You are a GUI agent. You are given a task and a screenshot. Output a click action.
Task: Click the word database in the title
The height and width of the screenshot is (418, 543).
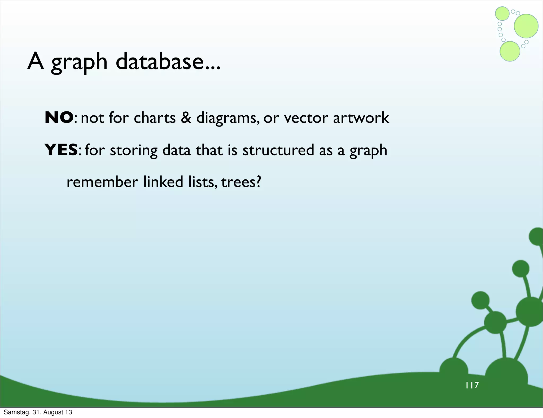click(x=168, y=62)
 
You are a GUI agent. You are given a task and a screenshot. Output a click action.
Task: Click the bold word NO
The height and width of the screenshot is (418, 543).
click(x=59, y=117)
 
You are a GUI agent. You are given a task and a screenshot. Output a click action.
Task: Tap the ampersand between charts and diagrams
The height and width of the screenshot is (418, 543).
click(x=186, y=117)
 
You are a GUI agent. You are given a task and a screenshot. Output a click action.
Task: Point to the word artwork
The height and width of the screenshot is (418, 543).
click(x=361, y=117)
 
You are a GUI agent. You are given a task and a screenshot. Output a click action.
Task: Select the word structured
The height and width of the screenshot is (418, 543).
click(x=278, y=150)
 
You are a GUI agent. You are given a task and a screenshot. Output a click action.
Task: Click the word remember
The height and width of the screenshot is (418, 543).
click(x=102, y=182)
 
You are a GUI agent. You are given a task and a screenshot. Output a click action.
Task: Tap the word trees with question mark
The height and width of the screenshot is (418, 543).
click(x=241, y=182)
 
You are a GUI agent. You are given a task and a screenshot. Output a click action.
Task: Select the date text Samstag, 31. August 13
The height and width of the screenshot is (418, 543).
click(x=38, y=412)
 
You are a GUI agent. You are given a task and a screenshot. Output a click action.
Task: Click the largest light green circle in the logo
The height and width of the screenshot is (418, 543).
click(x=526, y=26)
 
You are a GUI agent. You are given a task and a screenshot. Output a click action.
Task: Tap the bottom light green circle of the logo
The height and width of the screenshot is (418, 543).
click(x=510, y=51)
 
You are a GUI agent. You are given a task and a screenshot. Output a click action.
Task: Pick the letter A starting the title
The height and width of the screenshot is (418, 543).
click(x=36, y=62)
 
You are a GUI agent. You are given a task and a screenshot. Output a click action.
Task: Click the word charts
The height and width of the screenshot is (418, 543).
click(x=155, y=117)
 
